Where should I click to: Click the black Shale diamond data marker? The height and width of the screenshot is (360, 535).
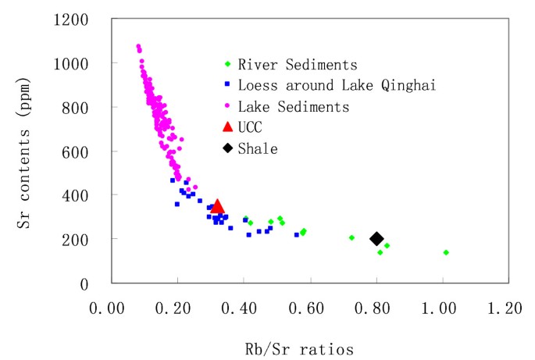376,239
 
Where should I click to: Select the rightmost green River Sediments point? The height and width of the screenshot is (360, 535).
446,252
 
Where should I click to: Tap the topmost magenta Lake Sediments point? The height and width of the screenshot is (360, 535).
138,46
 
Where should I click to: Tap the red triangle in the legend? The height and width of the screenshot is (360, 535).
226,127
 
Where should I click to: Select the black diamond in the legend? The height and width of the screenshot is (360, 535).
226,148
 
